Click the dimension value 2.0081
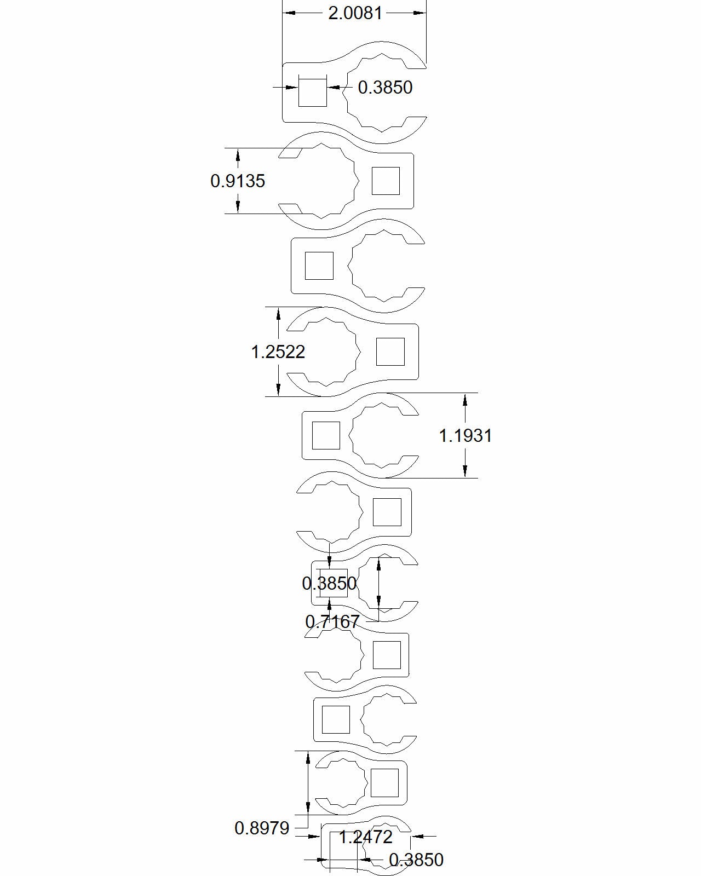(x=355, y=13)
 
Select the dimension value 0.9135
(x=238, y=181)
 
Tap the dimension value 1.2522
(x=278, y=351)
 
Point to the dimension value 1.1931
(x=466, y=436)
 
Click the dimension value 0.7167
(x=332, y=621)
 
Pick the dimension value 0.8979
(x=262, y=828)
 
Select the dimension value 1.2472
(x=365, y=837)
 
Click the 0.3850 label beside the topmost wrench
(x=385, y=88)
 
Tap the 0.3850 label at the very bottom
(x=416, y=860)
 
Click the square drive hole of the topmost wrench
(x=312, y=92)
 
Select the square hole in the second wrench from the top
(x=386, y=181)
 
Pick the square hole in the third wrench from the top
(x=319, y=266)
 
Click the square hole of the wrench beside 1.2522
(x=390, y=351)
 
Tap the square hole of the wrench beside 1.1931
(x=326, y=436)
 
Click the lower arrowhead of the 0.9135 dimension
(x=238, y=206)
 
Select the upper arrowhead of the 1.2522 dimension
(x=278, y=314)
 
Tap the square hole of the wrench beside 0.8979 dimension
(x=384, y=783)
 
